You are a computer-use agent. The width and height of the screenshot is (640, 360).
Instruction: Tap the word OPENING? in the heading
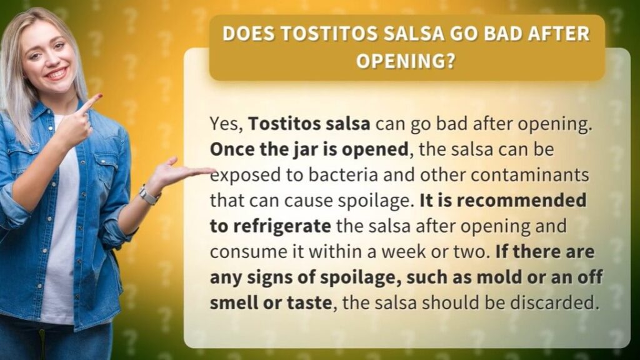[406, 62]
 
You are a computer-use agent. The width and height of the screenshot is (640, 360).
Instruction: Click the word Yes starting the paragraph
[226, 124]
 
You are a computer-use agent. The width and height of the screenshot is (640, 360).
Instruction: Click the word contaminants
[530, 175]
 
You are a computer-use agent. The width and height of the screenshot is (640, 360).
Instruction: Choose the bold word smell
[232, 303]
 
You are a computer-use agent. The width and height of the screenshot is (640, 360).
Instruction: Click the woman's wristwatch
[148, 195]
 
